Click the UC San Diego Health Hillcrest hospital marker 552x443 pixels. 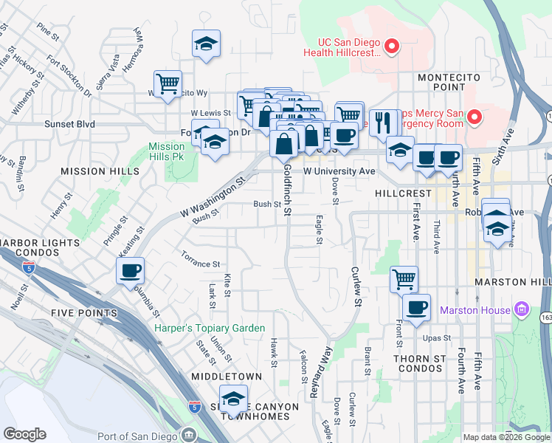click(x=393, y=47)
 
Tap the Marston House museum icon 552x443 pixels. click(x=522, y=309)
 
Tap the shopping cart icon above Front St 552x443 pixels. click(x=404, y=278)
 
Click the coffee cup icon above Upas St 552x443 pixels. click(x=416, y=307)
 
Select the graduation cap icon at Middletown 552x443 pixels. click(x=233, y=399)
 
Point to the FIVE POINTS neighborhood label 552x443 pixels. click(x=84, y=313)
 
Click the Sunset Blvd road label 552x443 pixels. click(x=69, y=124)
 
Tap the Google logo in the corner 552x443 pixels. click(x=24, y=433)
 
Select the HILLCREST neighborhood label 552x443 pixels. click(x=402, y=193)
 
